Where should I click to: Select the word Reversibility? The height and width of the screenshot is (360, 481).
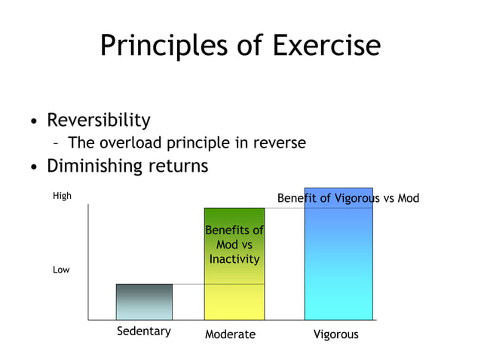pyautogui.click(x=99, y=121)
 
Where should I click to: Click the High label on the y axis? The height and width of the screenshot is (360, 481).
pyautogui.click(x=62, y=197)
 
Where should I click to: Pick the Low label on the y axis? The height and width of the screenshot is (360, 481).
pyautogui.click(x=61, y=270)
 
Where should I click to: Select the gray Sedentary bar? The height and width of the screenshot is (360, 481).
pyautogui.click(x=144, y=302)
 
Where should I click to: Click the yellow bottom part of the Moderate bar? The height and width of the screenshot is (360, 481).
pyautogui.click(x=234, y=301)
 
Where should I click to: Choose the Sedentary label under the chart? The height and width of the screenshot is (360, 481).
pyautogui.click(x=143, y=331)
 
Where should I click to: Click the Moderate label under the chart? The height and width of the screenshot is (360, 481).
pyautogui.click(x=230, y=334)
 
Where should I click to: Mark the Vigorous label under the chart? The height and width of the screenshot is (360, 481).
pyautogui.click(x=335, y=334)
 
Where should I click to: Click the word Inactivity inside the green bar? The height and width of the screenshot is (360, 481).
pyautogui.click(x=234, y=259)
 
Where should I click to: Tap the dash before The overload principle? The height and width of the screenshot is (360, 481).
pyautogui.click(x=57, y=143)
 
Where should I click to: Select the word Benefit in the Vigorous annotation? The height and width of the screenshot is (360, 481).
pyautogui.click(x=297, y=199)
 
